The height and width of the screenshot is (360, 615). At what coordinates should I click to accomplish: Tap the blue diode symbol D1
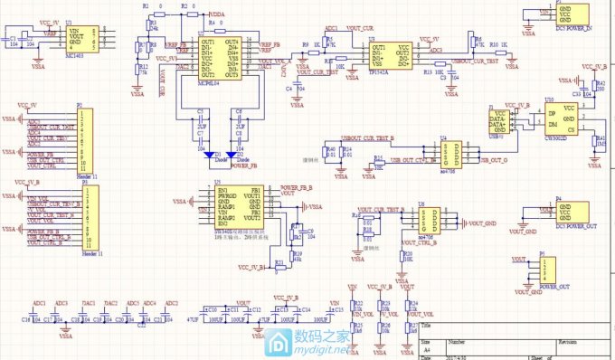(x=210, y=155)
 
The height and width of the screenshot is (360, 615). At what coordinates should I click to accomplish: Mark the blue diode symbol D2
(x=237, y=155)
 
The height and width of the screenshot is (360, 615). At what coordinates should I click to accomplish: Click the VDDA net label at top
(x=218, y=14)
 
